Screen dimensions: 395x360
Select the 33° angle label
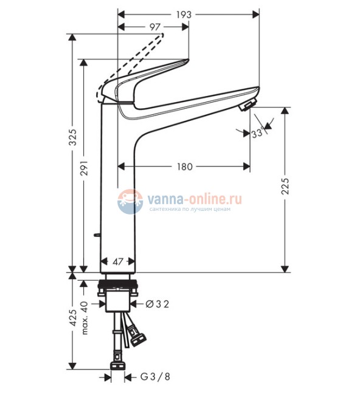tap(257, 132)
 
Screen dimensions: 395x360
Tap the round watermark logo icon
tap(130, 201)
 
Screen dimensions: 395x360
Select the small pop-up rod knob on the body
tap(97, 235)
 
